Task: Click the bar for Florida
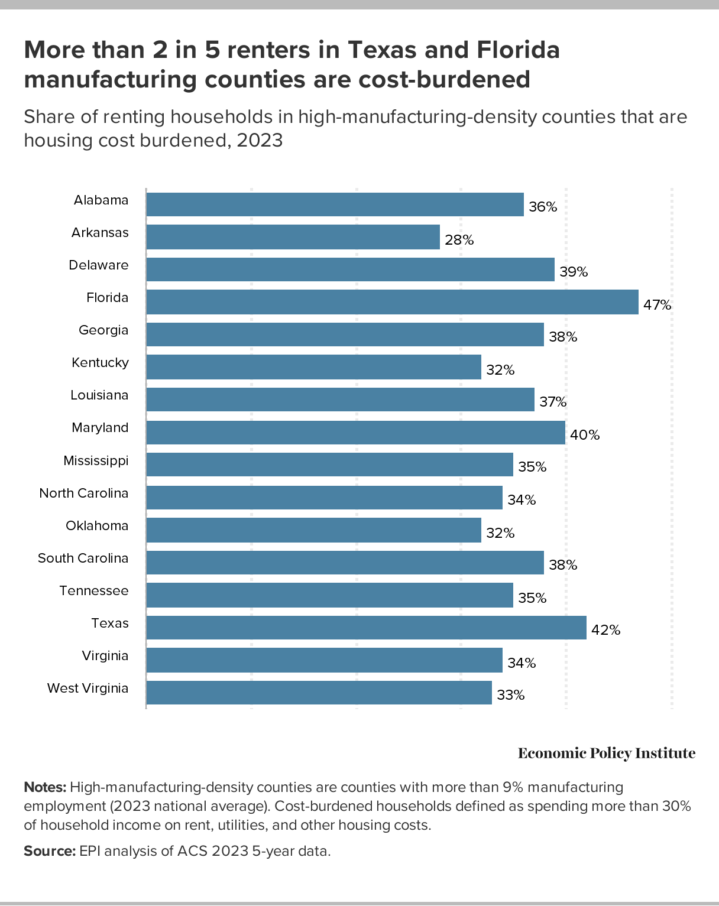coord(392,302)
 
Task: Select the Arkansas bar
coord(293,237)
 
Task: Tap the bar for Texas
coord(366,628)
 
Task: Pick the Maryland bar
coord(355,432)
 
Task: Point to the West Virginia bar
coord(319,693)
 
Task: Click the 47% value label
coord(658,305)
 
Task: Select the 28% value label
coord(459,240)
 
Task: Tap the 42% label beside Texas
coord(606,630)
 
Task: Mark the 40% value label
coord(585,435)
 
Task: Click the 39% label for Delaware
coord(574,272)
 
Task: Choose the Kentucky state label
coord(100,362)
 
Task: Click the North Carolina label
coord(83,493)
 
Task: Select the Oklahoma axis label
coord(97,525)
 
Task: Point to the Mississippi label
coord(96,460)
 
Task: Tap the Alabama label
coord(101,200)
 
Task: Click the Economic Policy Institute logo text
coord(607,753)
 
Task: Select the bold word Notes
coord(45,787)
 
